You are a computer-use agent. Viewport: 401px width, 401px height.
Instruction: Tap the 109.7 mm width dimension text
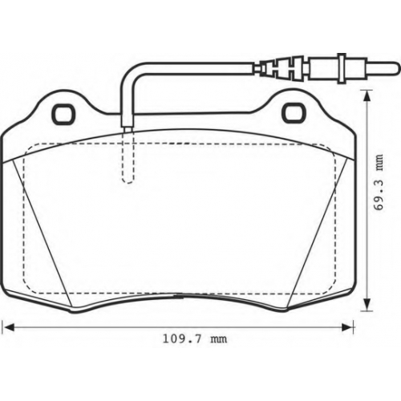tap(195, 339)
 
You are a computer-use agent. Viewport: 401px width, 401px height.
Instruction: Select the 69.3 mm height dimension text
tap(379, 182)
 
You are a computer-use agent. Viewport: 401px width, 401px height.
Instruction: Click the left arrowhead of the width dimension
tap(8, 327)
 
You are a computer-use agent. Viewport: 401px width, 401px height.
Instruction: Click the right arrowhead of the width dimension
tap(347, 327)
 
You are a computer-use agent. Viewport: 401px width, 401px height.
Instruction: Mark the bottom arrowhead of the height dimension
tap(367, 305)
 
